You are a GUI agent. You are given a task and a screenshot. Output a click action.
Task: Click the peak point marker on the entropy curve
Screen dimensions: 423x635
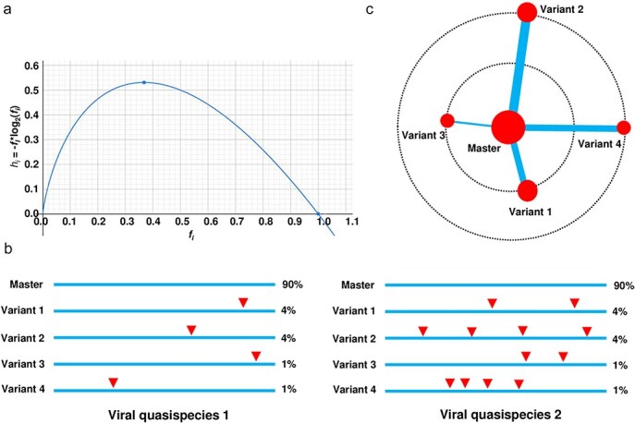(x=144, y=82)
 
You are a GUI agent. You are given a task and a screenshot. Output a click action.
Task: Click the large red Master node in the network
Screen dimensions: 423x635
(x=508, y=127)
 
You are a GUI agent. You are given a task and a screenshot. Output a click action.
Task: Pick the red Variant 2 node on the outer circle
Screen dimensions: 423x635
(x=527, y=12)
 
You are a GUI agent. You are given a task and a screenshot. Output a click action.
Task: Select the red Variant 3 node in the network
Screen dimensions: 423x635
(x=447, y=121)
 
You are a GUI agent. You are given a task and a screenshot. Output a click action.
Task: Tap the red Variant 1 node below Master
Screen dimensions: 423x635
(x=528, y=191)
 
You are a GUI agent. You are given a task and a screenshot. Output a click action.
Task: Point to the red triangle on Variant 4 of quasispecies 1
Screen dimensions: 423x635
(x=113, y=382)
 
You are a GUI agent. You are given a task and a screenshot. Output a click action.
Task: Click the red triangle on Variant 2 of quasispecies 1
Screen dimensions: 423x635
(x=191, y=330)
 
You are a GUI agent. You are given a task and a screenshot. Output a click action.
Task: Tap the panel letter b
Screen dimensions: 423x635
(x=8, y=249)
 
